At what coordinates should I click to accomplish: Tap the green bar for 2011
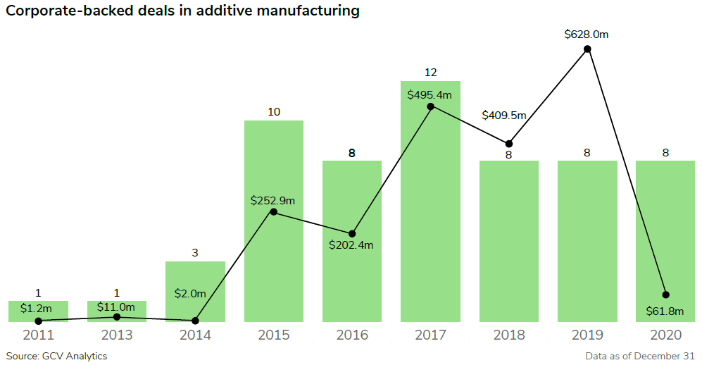pos(38,311)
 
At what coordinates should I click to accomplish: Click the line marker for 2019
pos(587,49)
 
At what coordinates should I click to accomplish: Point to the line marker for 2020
pos(665,295)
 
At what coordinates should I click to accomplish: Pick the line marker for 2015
pos(274,212)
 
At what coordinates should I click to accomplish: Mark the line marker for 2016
pos(352,233)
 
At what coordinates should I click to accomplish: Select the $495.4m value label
pos(430,94)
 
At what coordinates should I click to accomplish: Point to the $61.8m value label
pos(665,311)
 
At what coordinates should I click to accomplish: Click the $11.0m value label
pos(117,307)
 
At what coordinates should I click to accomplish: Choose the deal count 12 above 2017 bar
pos(430,73)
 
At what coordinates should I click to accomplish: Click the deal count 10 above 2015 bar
pos(274,112)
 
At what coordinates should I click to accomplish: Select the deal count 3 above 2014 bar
pos(195,253)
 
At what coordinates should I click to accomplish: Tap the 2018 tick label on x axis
pos(508,335)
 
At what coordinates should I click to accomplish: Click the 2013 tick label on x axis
pos(117,335)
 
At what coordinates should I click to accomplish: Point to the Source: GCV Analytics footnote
pos(56,356)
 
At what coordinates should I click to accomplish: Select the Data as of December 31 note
pos(639,356)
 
